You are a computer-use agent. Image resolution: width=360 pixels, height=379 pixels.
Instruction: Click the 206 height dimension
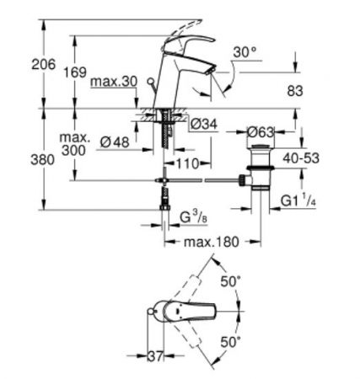44,65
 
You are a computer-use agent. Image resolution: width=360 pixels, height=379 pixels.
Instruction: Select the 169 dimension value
75,72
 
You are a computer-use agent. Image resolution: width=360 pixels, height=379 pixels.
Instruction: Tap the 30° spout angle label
245,52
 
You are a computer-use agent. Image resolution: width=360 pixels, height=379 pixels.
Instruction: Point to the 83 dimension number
295,91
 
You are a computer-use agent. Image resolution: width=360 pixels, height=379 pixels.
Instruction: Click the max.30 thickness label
114,82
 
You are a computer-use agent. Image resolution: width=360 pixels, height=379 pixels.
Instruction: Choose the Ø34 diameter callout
204,124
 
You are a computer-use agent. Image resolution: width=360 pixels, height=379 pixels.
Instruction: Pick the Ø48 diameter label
115,142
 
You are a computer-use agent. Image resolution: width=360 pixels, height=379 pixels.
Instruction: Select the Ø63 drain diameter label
261,132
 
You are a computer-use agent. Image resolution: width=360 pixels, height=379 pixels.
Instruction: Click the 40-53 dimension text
301,158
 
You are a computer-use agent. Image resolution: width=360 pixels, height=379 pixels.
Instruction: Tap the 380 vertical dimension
42,160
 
